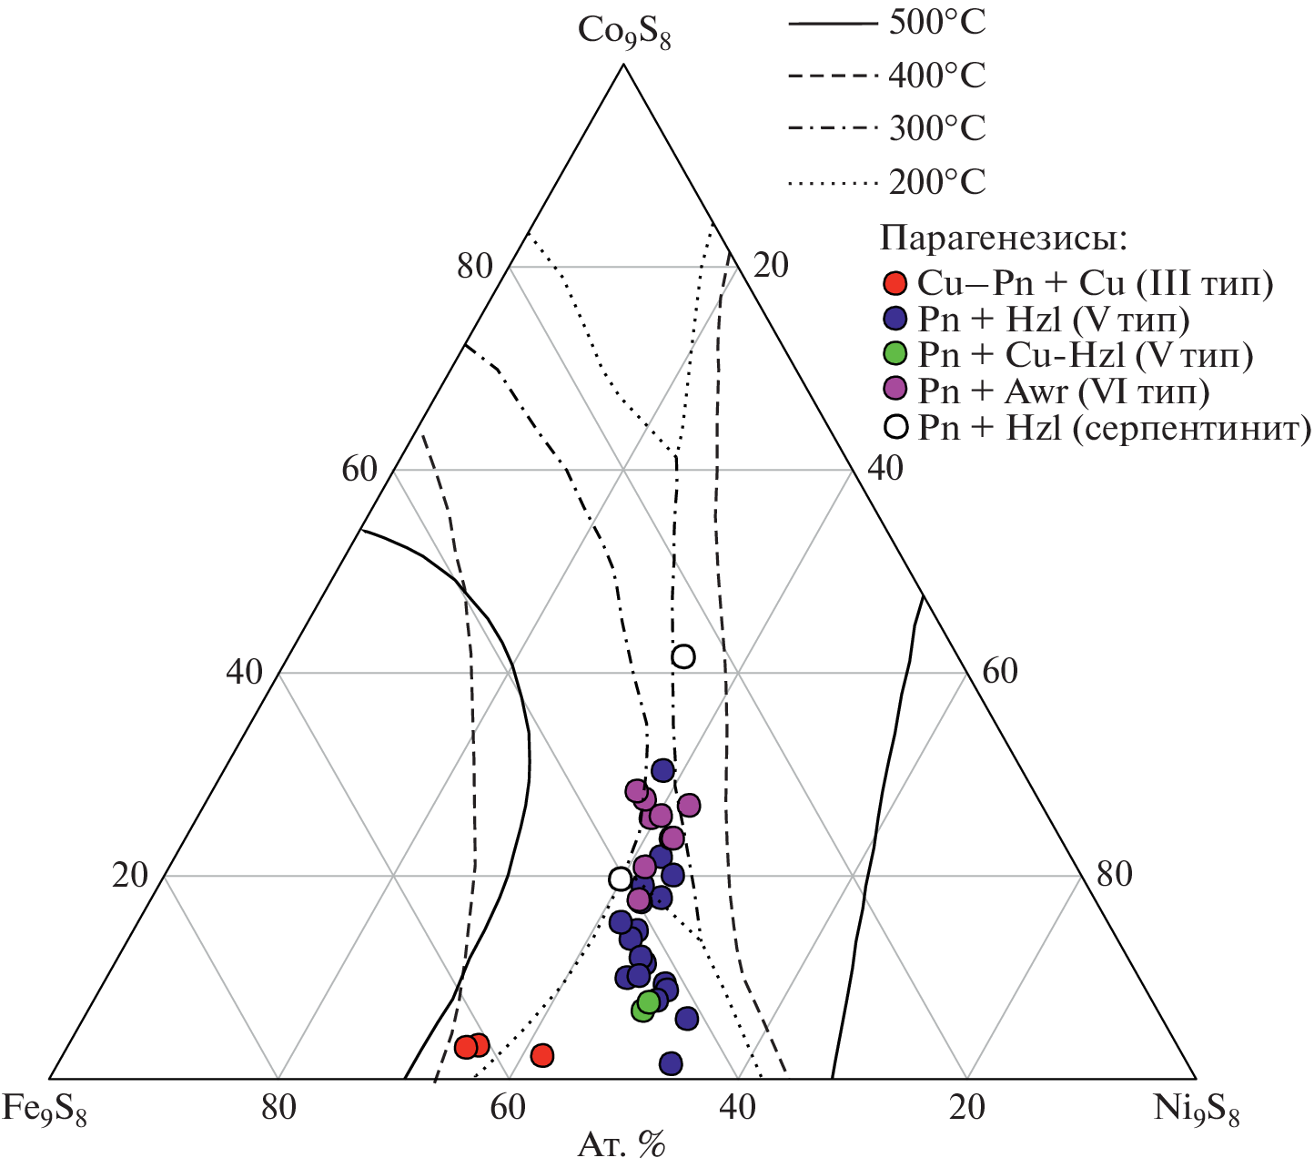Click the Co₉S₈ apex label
click(x=624, y=33)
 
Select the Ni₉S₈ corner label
click(x=1197, y=1110)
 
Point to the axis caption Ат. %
click(x=622, y=1144)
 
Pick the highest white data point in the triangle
click(x=683, y=656)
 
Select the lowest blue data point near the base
click(x=671, y=1063)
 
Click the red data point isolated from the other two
click(x=542, y=1055)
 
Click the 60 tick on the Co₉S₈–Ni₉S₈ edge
click(x=999, y=672)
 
